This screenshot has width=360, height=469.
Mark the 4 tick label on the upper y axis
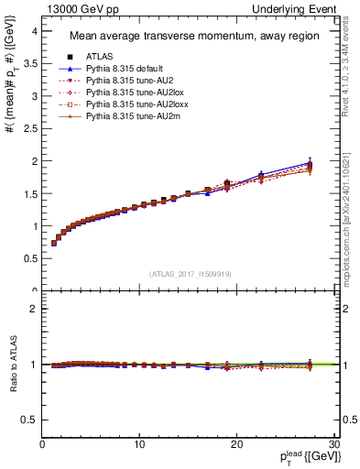pos(36,30)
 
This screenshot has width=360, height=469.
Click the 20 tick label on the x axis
pos(238,444)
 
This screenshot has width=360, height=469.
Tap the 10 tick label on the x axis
pos(139,444)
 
